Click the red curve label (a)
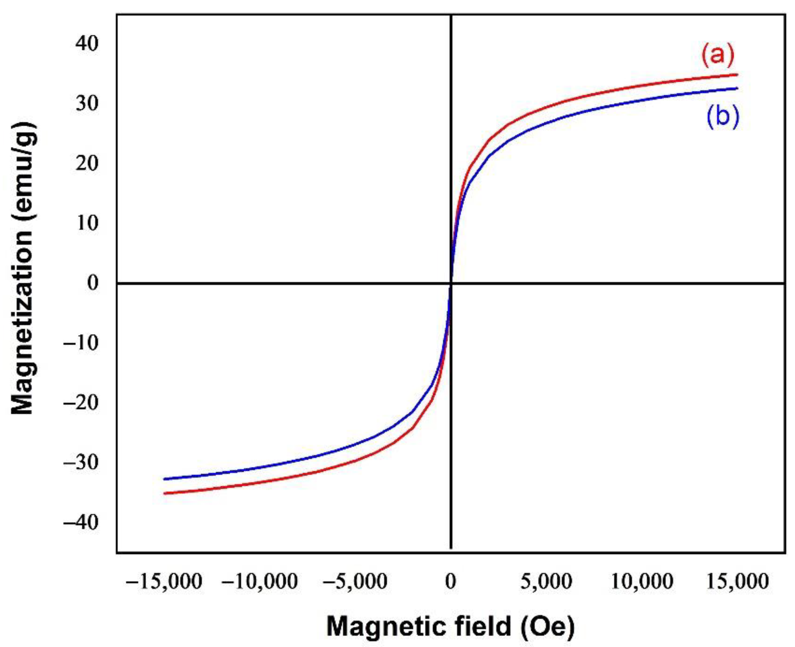[717, 56]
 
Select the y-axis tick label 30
[86, 103]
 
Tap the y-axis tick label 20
[86, 163]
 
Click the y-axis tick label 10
[86, 223]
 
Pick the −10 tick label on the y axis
[81, 342]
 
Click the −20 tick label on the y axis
[81, 402]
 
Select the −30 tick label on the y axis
[81, 462]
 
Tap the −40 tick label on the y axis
[81, 522]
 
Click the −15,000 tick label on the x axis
[164, 581]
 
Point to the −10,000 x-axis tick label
[260, 581]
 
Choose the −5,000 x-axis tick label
[355, 581]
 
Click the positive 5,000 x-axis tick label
[546, 581]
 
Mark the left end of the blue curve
[164, 479]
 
